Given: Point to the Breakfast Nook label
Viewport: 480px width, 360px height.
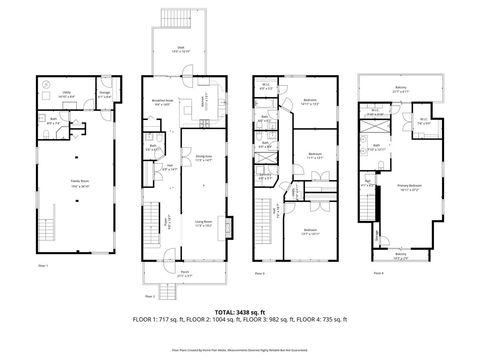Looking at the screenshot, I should pos(164,100).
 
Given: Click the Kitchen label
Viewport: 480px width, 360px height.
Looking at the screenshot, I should pos(200,102).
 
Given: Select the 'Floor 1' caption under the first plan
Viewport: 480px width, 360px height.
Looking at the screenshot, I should pos(43,266).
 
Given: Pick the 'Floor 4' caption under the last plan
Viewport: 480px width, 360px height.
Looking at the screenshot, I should pos(378,273).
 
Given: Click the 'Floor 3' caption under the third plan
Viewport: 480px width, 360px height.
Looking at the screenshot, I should pos(259,273).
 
